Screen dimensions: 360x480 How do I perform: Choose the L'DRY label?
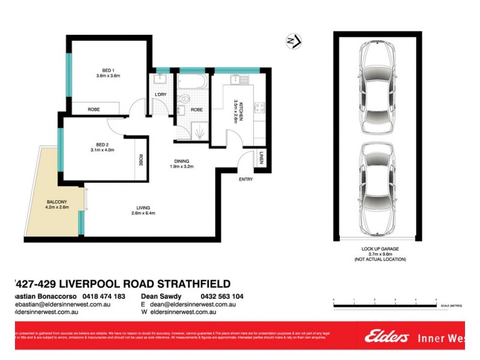[160, 95]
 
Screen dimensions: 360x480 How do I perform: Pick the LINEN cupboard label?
[261, 157]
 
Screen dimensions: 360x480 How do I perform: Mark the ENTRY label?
[245, 179]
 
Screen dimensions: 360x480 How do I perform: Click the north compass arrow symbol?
[293, 41]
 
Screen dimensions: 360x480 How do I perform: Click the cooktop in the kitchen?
[260, 108]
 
